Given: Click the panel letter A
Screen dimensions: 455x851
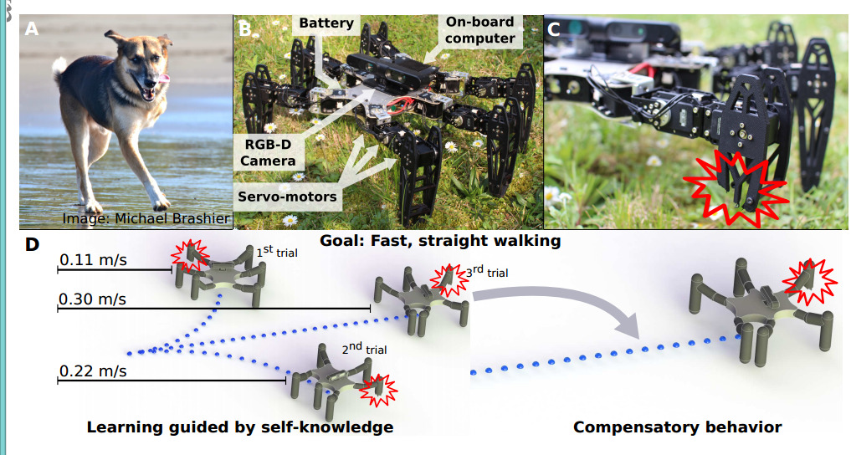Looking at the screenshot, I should [32, 29].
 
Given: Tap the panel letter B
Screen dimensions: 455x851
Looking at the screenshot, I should [244, 29].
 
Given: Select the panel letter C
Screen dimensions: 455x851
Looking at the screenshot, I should [554, 29].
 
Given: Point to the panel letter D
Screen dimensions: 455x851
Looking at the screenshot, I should [33, 246].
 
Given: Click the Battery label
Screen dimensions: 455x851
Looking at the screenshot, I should [325, 23].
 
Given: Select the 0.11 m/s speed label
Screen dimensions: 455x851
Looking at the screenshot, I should [93, 260].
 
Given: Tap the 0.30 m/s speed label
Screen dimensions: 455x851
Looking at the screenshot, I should [93, 299].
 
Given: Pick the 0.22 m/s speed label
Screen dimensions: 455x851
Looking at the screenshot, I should [93, 371].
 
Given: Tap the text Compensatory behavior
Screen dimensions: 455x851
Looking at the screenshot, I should [677, 427].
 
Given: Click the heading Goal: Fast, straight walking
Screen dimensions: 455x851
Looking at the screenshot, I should [440, 241].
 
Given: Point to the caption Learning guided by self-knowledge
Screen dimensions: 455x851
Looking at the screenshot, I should [240, 427].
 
